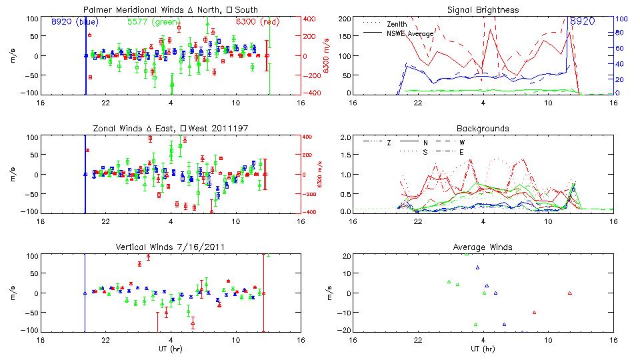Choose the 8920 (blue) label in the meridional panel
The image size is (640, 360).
click(74, 21)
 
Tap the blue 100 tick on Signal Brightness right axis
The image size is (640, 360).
click(619, 19)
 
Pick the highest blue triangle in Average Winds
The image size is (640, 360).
click(477, 267)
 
